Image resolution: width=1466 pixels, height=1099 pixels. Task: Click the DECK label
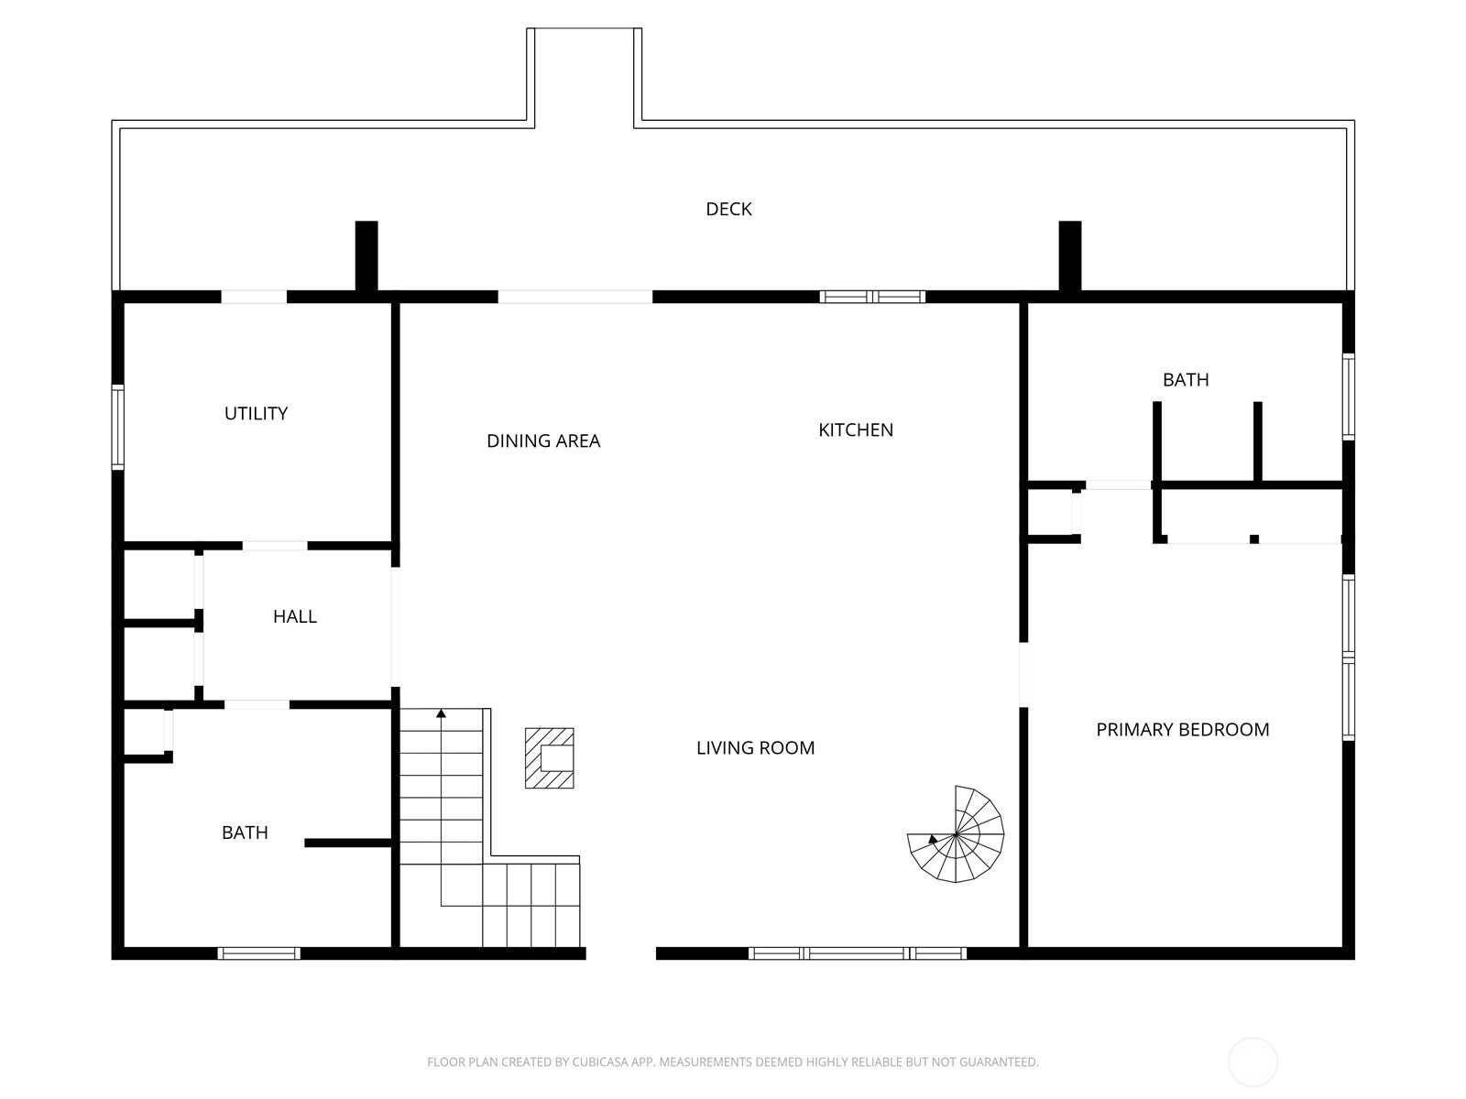pos(728,209)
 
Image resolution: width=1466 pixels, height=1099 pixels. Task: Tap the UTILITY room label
pos(256,413)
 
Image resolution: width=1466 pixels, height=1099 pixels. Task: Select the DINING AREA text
pos(543,441)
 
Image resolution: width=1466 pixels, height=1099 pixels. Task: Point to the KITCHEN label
pos(856,430)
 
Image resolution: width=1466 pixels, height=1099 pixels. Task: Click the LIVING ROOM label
pos(755,747)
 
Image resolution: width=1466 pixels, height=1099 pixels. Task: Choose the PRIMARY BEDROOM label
pos(1182,729)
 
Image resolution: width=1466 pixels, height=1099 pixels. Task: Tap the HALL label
pos(294,615)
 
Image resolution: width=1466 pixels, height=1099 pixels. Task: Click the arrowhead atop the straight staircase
pos(441,713)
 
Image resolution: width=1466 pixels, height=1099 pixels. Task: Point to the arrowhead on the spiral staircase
pos(933,839)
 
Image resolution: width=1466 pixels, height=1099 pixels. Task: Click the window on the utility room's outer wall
pos(117,427)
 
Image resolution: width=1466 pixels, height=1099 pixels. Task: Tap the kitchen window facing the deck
pos(872,297)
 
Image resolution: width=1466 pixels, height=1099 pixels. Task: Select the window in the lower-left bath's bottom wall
pos(258,953)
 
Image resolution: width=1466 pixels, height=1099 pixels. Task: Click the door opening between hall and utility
pos(275,546)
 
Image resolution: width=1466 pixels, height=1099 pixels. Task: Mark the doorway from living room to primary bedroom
pos(1023,675)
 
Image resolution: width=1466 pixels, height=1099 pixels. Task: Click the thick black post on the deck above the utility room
pos(366,256)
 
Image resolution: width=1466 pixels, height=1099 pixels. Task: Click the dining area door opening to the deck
pos(575,297)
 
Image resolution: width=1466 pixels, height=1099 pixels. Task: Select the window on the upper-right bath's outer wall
pos(1349,397)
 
